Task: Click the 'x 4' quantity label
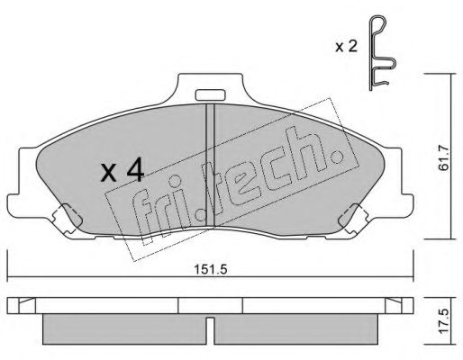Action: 122,170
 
